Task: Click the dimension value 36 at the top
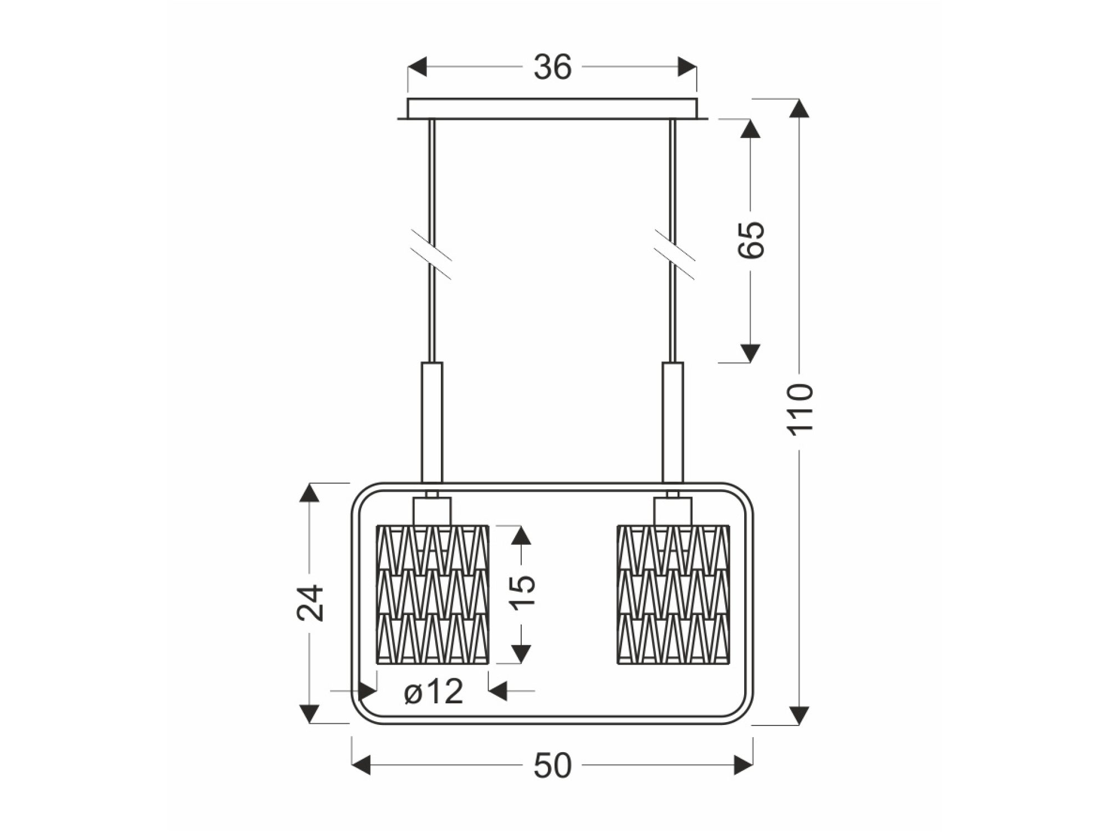click(x=552, y=68)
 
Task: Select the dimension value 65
click(x=751, y=240)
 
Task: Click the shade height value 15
click(x=522, y=592)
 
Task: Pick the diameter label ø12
click(x=434, y=692)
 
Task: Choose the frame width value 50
click(x=552, y=767)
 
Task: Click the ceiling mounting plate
click(x=552, y=109)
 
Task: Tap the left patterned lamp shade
click(x=433, y=593)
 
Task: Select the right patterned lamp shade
click(x=673, y=593)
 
